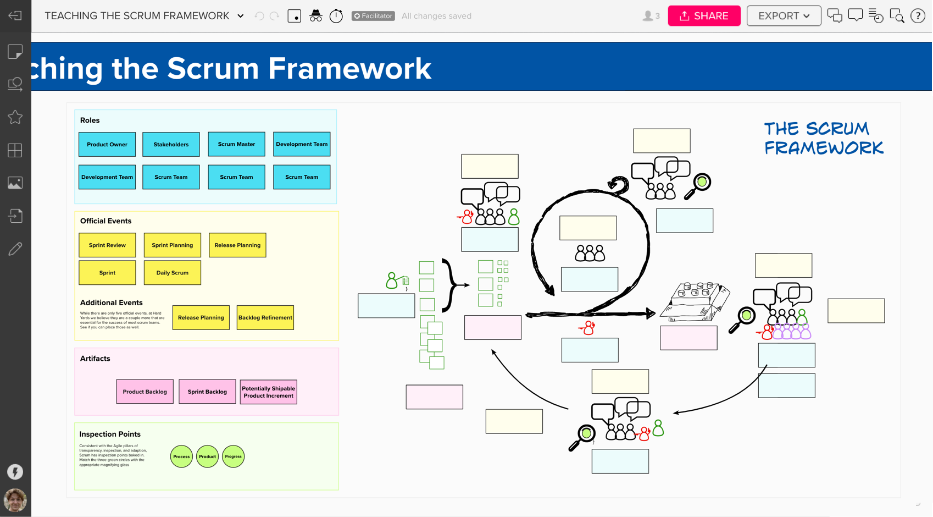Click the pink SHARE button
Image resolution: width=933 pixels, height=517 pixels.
tap(704, 16)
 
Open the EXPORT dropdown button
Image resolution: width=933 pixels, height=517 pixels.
tap(784, 16)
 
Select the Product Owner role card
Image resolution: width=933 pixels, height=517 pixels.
tap(107, 145)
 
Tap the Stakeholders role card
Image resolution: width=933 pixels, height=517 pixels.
tap(171, 145)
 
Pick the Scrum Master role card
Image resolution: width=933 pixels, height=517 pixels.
tap(236, 144)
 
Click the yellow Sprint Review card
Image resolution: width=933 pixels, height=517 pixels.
tap(107, 245)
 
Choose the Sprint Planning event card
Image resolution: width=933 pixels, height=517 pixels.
tap(173, 245)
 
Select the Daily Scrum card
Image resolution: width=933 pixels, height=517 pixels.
tap(173, 273)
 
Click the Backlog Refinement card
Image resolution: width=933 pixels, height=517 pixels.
tap(265, 318)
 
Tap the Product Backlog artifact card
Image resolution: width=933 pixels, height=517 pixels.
tap(145, 392)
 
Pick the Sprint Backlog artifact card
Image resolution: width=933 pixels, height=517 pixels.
tap(207, 392)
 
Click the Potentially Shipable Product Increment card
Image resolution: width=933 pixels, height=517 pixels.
tap(269, 392)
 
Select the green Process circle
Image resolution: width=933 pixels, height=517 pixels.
tap(181, 457)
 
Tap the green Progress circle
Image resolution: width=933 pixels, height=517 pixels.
tap(233, 457)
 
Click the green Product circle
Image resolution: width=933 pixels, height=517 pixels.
tap(207, 457)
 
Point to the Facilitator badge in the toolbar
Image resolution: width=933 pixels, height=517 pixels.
tap(373, 16)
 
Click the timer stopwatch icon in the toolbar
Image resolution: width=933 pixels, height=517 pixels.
tap(336, 16)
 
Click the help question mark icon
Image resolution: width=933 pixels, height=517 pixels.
tap(918, 16)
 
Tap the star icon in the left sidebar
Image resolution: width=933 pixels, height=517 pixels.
tap(15, 117)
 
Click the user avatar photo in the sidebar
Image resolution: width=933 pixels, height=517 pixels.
tap(15, 500)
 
